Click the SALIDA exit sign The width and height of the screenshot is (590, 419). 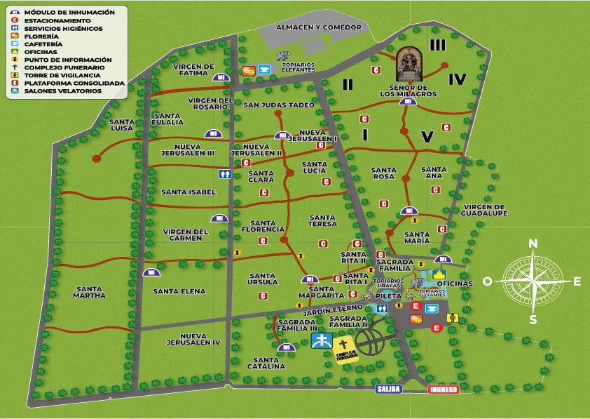point(388,389)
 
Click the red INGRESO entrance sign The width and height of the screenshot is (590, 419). point(444,390)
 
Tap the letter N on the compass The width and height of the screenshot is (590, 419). point(533,244)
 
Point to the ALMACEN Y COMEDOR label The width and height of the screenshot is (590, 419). point(319,27)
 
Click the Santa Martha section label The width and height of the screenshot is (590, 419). point(90,292)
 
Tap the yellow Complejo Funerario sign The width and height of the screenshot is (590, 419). point(343,348)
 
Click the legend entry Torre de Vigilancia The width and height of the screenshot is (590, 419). point(52,75)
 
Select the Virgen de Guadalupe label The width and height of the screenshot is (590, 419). point(483,211)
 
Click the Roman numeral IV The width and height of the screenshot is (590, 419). point(458,79)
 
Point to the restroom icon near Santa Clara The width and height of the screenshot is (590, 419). point(225,173)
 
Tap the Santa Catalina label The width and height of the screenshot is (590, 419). point(266,363)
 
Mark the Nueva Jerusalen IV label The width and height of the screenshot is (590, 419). point(193,339)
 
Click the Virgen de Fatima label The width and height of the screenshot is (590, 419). point(193,69)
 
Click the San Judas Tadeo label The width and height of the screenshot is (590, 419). point(279,105)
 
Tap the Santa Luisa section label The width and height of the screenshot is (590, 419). point(122,125)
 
